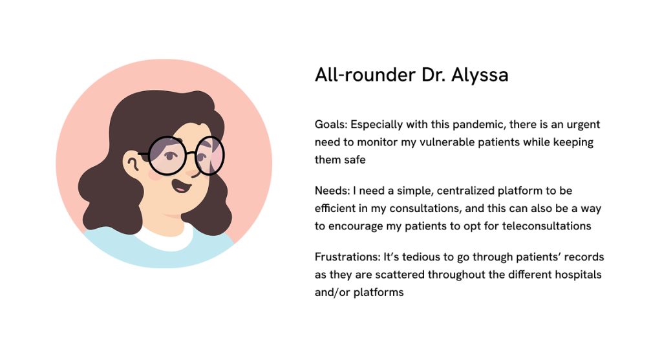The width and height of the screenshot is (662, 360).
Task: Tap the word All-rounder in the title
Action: point(365,75)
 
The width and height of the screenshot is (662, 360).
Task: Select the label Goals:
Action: point(331,125)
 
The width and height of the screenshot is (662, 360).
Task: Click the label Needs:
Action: point(332,191)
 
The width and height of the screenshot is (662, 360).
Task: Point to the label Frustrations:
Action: point(347,257)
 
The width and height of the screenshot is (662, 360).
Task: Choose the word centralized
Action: point(465,191)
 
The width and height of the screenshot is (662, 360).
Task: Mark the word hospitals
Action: point(578,275)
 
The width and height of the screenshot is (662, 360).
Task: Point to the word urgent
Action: point(583,125)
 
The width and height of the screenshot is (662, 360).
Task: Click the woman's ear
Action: point(132,162)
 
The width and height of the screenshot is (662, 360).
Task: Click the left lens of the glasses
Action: point(167,155)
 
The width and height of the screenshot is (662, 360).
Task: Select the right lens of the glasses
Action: point(209,155)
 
